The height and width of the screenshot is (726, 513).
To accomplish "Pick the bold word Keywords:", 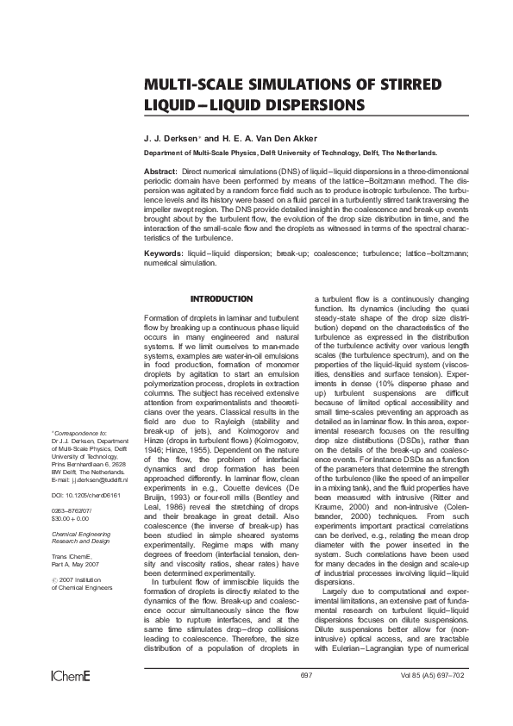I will click(x=164, y=255).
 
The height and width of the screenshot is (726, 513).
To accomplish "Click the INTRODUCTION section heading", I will click(x=222, y=298).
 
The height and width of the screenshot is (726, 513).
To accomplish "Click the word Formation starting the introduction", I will click(x=160, y=318).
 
